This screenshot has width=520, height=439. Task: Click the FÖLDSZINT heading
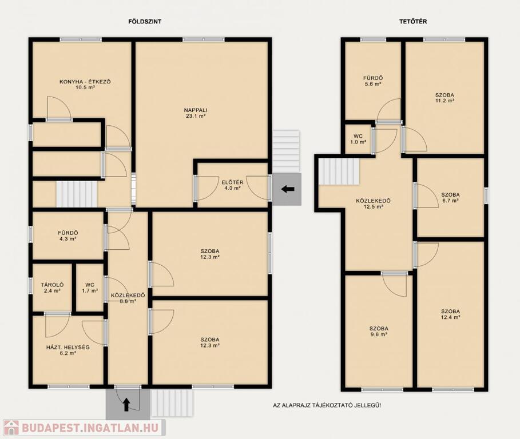click(x=145, y=22)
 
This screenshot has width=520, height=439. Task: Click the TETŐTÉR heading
click(x=413, y=22)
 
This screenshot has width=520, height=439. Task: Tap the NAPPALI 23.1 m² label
click(x=196, y=113)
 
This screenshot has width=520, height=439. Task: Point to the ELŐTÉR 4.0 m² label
click(x=232, y=185)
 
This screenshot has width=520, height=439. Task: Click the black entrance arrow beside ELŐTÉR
click(x=288, y=189)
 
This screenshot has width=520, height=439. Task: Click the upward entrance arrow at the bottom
click(x=126, y=405)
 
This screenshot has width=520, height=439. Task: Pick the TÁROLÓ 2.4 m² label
click(x=53, y=288)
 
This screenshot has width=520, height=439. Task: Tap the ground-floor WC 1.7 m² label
click(x=90, y=288)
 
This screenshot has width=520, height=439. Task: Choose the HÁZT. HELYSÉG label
click(x=68, y=350)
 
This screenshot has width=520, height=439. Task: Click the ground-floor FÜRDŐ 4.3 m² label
click(x=68, y=236)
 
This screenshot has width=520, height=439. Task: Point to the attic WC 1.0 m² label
click(x=358, y=139)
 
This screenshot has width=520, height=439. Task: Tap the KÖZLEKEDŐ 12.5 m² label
click(x=374, y=203)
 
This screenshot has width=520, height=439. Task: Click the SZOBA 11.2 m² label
click(x=444, y=98)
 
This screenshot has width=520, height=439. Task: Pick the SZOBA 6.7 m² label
click(x=450, y=197)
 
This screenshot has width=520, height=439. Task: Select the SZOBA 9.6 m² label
click(x=379, y=332)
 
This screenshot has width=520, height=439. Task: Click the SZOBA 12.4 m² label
click(x=450, y=314)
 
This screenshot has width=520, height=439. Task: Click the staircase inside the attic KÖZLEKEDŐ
click(x=339, y=171)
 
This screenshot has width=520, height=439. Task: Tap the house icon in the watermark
click(x=11, y=428)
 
